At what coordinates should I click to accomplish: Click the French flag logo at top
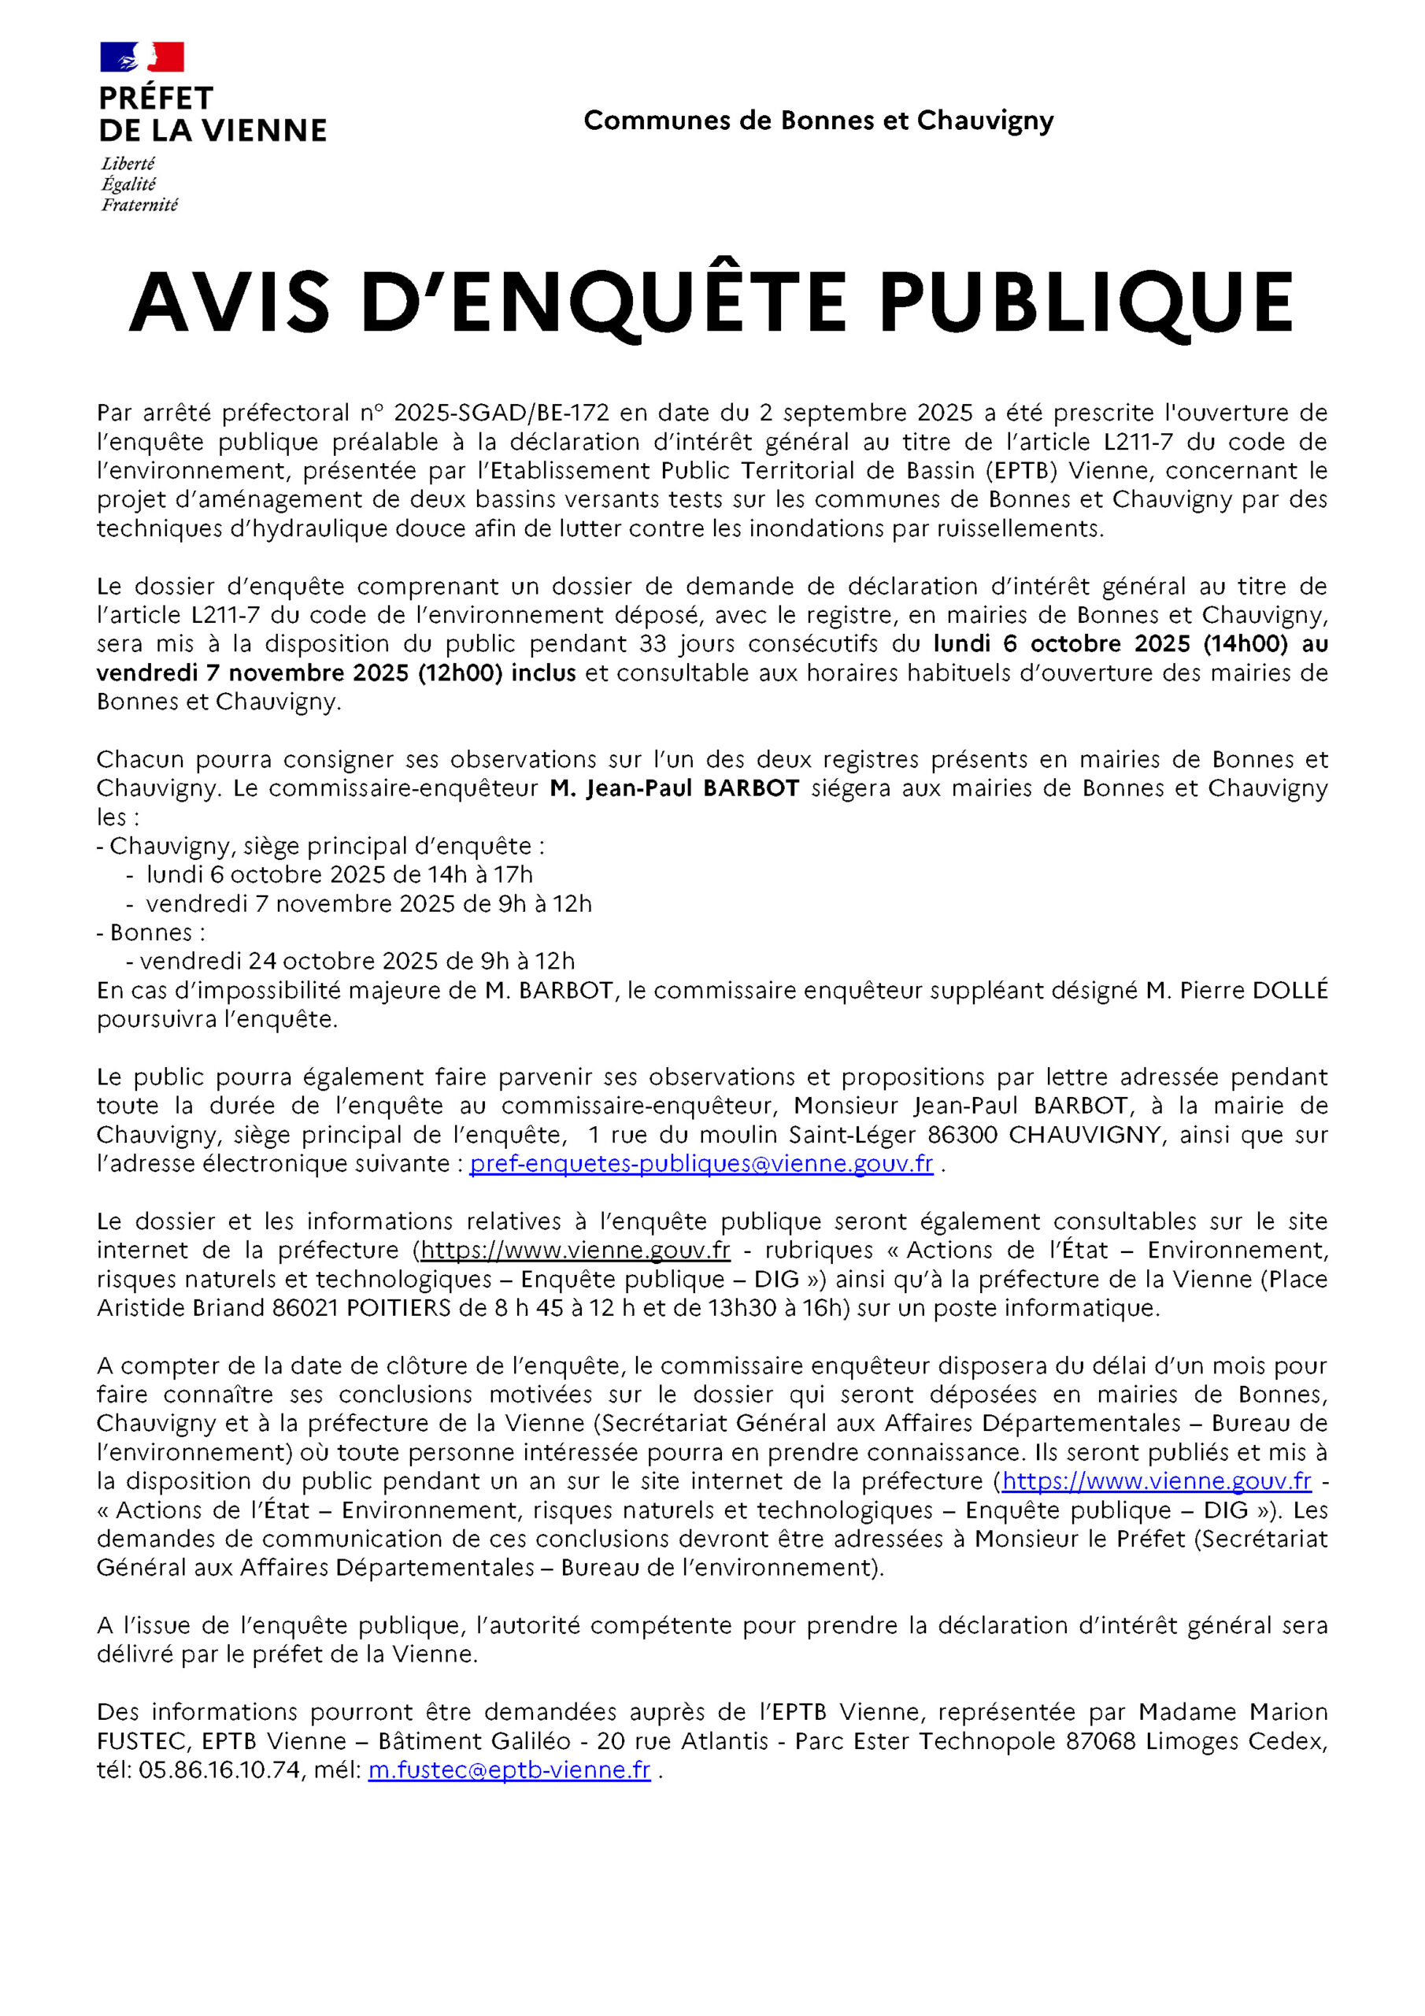click(x=142, y=56)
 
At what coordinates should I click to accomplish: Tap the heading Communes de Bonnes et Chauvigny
click(x=818, y=120)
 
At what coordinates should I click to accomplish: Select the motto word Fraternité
click(x=139, y=206)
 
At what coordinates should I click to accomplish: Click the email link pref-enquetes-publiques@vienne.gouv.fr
click(x=701, y=1163)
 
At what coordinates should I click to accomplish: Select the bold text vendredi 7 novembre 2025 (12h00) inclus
click(x=336, y=673)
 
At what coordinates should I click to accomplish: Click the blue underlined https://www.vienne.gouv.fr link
click(x=1157, y=1481)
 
